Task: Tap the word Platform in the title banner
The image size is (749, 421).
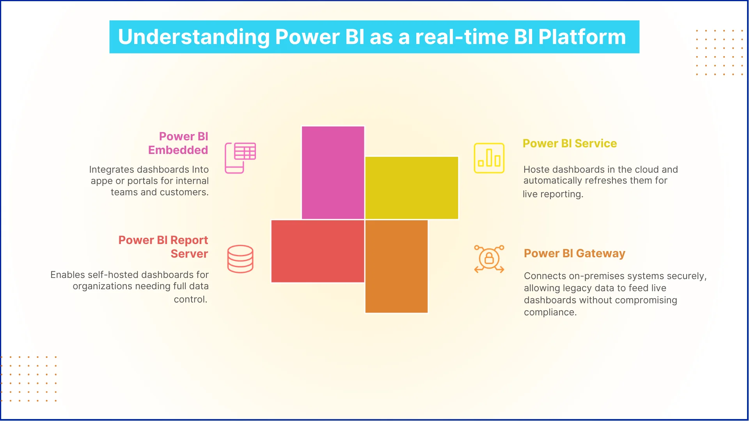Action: coord(582,37)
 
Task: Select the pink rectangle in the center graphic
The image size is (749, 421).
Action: coord(333,172)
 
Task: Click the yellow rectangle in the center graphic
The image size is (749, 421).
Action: coord(412,188)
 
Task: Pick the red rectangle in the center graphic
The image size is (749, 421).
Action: coord(318,251)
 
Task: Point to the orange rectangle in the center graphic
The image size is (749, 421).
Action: coord(396,267)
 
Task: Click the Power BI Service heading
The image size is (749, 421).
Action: coord(570,143)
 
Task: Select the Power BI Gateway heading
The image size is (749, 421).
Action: coord(574,253)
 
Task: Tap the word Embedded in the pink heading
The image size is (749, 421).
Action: coord(178,150)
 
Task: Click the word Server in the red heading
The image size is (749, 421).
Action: coord(189,254)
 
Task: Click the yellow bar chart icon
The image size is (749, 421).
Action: coord(489,158)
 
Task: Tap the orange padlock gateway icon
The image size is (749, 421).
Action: coord(489,259)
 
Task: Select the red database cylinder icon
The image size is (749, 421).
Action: coord(240,259)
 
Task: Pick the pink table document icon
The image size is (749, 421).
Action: coord(240,158)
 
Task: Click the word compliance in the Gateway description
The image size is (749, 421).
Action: coord(549,312)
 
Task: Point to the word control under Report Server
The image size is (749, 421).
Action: coord(190,299)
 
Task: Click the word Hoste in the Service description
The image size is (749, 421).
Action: coord(536,170)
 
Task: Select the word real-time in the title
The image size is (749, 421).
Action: coord(461,37)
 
